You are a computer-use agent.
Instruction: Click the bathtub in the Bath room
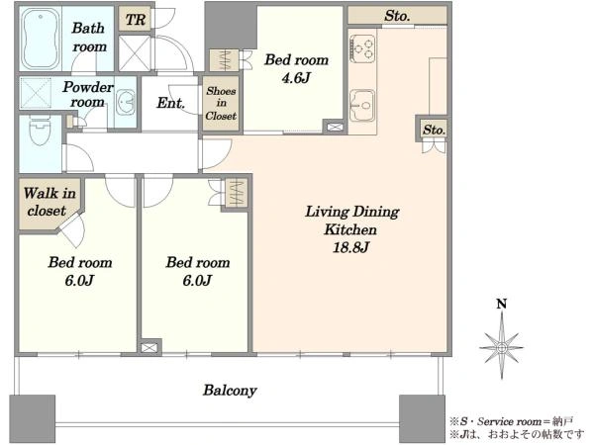(41, 39)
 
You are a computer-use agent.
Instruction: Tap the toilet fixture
(40, 130)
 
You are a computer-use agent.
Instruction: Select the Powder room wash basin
(125, 102)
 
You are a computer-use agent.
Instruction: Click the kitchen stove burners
(363, 47)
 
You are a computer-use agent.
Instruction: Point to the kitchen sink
(362, 106)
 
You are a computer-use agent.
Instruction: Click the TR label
(136, 20)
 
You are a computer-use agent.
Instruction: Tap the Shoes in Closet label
(221, 103)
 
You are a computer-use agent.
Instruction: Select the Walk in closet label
(49, 202)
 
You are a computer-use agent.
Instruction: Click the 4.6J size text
(296, 78)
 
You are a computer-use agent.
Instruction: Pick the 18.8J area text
(350, 247)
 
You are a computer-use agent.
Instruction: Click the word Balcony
(230, 391)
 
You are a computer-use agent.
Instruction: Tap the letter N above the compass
(502, 304)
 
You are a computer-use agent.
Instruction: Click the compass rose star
(502, 347)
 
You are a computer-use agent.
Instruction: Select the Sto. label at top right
(397, 16)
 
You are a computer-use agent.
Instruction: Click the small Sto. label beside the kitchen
(434, 130)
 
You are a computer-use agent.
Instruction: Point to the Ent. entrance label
(170, 103)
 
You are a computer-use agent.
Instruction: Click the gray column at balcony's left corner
(33, 418)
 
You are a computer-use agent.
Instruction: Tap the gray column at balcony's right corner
(422, 418)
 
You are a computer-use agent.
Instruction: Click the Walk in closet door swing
(74, 229)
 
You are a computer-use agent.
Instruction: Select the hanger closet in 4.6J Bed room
(225, 60)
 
